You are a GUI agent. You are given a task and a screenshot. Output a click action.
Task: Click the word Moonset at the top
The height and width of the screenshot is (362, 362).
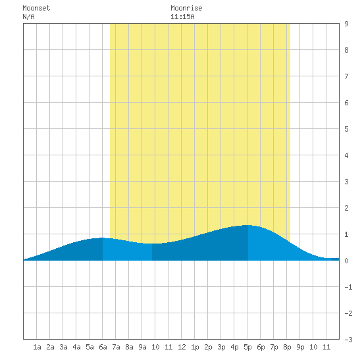[36, 8]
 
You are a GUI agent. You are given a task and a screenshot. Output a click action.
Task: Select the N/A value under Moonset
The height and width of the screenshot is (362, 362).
[28, 16]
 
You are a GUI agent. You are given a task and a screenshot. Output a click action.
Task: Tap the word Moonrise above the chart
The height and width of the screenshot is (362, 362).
[186, 8]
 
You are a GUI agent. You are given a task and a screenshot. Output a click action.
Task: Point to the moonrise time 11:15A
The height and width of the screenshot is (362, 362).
[182, 16]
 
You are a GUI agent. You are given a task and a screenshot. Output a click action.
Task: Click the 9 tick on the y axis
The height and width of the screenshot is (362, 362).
[346, 24]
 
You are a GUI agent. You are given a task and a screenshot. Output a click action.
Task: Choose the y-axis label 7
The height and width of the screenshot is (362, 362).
[346, 76]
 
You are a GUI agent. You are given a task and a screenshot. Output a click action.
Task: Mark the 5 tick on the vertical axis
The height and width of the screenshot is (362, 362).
[346, 129]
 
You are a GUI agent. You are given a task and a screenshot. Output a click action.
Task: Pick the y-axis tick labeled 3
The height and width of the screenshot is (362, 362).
[346, 182]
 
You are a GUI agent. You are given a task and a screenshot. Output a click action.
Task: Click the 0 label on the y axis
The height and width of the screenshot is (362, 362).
[346, 261]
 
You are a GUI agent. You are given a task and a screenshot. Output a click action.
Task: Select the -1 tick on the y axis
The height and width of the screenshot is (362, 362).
[348, 287]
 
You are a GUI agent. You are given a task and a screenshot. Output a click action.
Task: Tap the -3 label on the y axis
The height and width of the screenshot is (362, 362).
[348, 340]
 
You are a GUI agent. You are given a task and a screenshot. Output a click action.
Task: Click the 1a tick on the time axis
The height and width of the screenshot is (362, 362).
[37, 347]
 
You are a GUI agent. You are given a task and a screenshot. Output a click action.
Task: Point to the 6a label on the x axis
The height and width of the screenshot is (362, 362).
[103, 347]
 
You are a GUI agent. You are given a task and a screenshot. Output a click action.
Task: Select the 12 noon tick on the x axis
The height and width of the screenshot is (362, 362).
[182, 347]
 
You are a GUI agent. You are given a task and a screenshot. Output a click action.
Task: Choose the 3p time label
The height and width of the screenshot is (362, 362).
[221, 347]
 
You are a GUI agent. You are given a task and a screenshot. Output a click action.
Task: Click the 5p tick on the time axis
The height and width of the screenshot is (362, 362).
[247, 347]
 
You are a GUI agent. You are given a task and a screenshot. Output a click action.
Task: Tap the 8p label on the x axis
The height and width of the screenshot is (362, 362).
[287, 347]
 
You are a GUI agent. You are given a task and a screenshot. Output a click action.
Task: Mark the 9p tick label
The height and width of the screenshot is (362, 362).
[300, 347]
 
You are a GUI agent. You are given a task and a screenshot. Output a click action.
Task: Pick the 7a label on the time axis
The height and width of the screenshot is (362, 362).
[116, 347]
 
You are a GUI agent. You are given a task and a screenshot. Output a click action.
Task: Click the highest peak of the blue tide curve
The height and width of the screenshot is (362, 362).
[247, 225]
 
